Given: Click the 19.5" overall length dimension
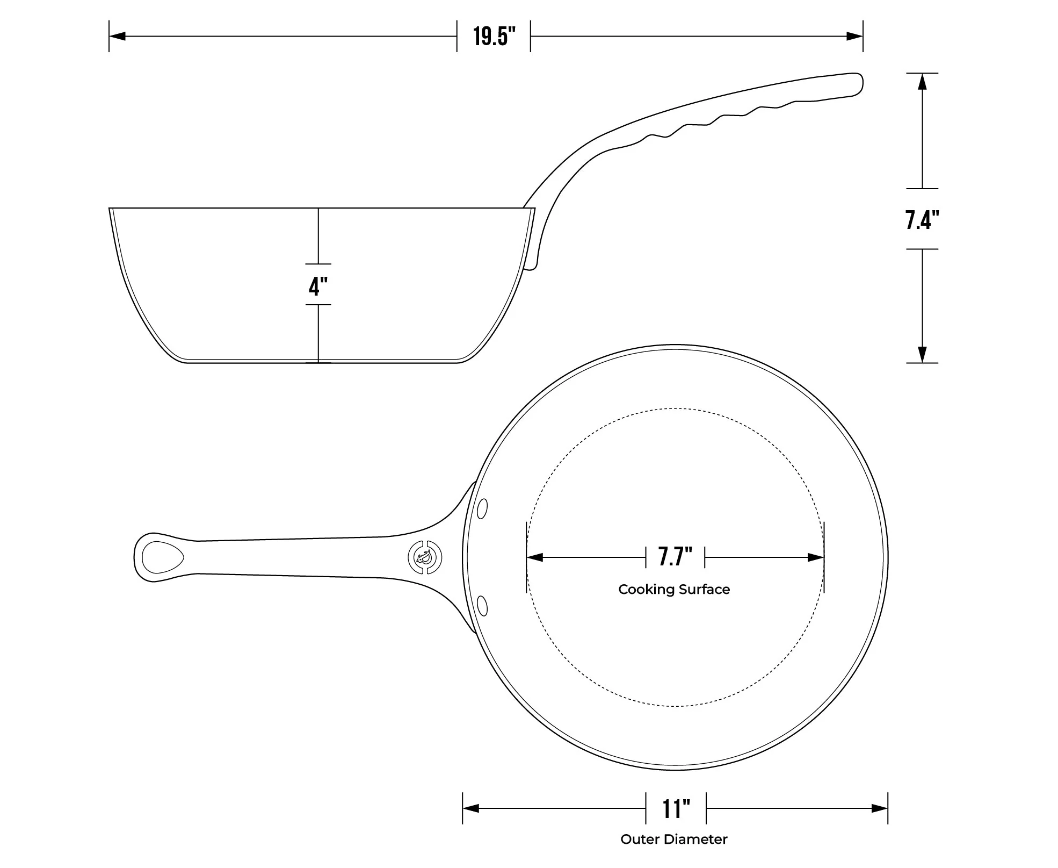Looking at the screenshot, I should pyautogui.click(x=494, y=37).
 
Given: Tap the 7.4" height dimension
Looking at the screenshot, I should pyautogui.click(x=922, y=219).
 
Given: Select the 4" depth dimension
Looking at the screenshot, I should pyautogui.click(x=318, y=285).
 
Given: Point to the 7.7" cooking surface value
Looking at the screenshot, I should pyautogui.click(x=675, y=557).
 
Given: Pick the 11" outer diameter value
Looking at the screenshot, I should pyautogui.click(x=676, y=808).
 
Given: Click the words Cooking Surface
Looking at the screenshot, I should pyautogui.click(x=674, y=590).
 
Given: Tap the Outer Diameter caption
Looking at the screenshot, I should pyautogui.click(x=674, y=839).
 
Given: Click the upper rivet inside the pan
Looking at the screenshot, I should pyautogui.click(x=482, y=508).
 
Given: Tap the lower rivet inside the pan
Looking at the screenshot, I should pyautogui.click(x=482, y=606).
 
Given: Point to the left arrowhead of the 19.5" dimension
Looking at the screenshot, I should pyautogui.click(x=117, y=37).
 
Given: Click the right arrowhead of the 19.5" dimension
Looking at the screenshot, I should pyautogui.click(x=854, y=37).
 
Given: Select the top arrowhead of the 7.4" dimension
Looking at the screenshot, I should pyautogui.click(x=922, y=82).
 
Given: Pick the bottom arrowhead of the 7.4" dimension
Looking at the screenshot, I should pyautogui.click(x=922, y=354).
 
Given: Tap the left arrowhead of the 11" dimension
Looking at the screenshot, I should pyautogui.click(x=471, y=808).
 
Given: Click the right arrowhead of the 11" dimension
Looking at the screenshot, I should pyautogui.click(x=879, y=808).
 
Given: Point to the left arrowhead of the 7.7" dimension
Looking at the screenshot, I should pyautogui.click(x=535, y=557).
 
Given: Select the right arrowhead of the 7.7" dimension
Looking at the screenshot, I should pyautogui.click(x=815, y=557).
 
